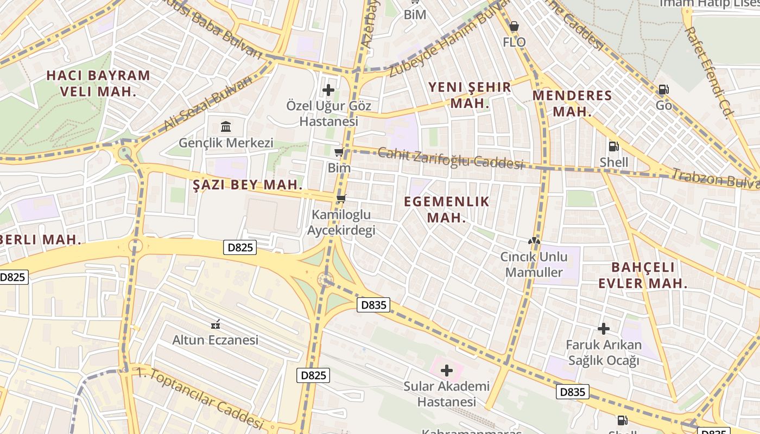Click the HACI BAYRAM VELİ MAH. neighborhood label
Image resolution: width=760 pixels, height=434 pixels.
tap(98, 83)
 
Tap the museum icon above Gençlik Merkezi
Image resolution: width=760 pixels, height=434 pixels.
tap(226, 127)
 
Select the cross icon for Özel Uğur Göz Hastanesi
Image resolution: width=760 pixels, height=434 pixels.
tap(328, 90)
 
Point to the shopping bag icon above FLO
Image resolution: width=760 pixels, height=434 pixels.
tap(514, 25)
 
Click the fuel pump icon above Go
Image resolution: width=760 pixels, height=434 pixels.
tap(663, 90)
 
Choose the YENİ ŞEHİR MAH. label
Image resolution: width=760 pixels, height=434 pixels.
tap(470, 95)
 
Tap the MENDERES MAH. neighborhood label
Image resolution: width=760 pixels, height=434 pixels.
tap(572, 104)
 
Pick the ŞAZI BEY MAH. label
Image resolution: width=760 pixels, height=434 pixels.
tap(248, 184)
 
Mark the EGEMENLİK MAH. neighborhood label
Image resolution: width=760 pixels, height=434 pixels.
tap(447, 209)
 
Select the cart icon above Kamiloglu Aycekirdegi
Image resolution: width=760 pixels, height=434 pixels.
tap(341, 199)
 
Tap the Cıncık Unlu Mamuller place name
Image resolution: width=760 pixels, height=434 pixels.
tap(534, 264)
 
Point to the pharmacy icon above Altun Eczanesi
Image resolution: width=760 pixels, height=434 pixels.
tap(216, 324)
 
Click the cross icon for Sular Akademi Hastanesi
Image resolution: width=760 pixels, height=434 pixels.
tap(447, 371)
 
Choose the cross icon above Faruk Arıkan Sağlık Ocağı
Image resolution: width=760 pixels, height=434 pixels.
tap(604, 329)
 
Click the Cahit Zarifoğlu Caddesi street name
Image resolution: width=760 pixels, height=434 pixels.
tap(451, 158)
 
